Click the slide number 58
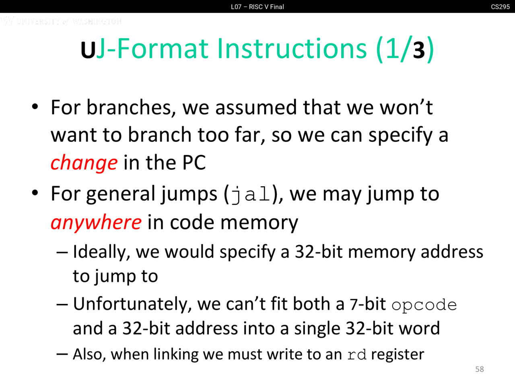479,369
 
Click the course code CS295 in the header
500,7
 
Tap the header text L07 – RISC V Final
257,7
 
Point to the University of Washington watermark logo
61,21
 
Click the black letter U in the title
88,50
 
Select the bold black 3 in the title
418,50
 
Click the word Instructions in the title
292,49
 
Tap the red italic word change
84,162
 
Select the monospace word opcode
424,305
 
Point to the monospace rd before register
356,355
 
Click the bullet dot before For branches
35,107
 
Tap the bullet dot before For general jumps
35,193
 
